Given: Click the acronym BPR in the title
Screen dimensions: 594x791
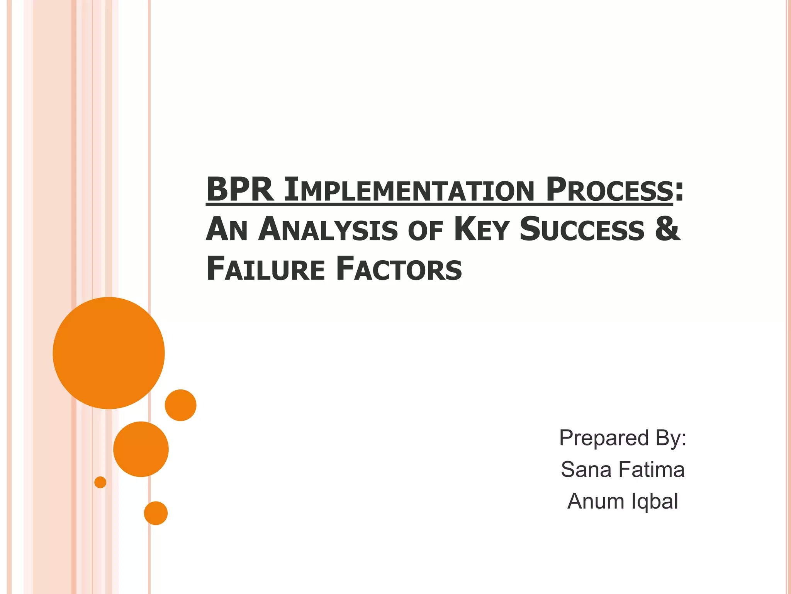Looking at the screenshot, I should point(240,190).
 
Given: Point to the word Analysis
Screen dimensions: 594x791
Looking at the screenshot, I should point(328,230).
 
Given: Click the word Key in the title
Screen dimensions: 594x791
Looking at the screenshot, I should point(481,230).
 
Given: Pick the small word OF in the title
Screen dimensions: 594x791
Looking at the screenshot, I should point(425,231).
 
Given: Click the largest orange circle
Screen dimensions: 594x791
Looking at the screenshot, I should point(109,353).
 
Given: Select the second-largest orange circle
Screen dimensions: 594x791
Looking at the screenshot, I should point(141,449).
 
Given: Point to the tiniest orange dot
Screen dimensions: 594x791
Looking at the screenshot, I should point(100,482).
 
